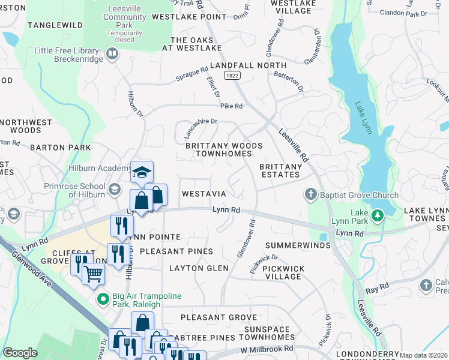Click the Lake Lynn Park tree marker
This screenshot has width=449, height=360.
[x=377, y=215]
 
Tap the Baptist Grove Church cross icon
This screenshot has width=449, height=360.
[x=310, y=195]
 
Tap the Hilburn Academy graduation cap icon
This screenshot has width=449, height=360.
[x=142, y=172]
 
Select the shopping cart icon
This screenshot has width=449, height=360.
[x=93, y=274]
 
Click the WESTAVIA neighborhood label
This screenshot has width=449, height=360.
[x=203, y=194]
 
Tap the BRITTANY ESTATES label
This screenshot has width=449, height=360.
[x=279, y=170]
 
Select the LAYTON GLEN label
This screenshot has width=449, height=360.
[x=199, y=268]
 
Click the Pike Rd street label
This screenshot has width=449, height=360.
[x=231, y=106]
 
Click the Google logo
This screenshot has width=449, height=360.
[x=20, y=353]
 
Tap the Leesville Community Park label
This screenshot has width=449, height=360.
[x=124, y=17]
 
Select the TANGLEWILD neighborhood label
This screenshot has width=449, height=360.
[x=54, y=25]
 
